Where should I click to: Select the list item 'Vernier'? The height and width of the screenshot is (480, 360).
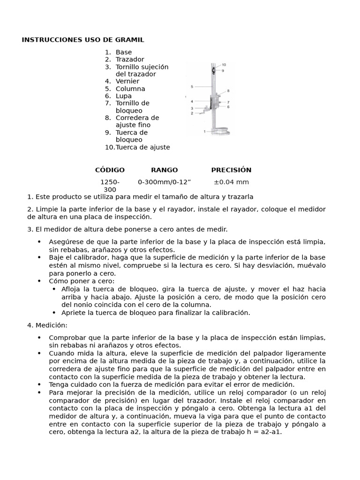coord(127,81)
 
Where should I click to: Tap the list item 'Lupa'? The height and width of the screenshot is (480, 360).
coord(124,96)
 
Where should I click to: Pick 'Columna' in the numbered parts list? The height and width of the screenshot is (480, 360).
coord(130,89)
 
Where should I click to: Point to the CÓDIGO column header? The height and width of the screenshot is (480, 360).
coord(110,170)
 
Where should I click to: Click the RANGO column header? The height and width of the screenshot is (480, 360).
coord(164,170)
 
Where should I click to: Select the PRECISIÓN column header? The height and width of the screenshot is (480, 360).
coord(231,170)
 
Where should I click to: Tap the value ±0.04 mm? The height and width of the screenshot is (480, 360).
coord(231,182)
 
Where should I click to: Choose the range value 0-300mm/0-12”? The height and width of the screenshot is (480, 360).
coord(164,182)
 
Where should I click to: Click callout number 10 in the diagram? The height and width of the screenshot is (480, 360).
coord(224,65)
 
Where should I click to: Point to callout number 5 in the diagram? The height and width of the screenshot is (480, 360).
coord(192,87)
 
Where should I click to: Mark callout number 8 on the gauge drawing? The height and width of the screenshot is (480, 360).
coord(228,90)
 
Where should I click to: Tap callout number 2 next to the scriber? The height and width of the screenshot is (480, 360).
coord(192,113)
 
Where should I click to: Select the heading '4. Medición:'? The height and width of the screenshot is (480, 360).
coord(47,325)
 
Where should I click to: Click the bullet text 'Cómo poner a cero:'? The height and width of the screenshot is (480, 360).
coord(82,281)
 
